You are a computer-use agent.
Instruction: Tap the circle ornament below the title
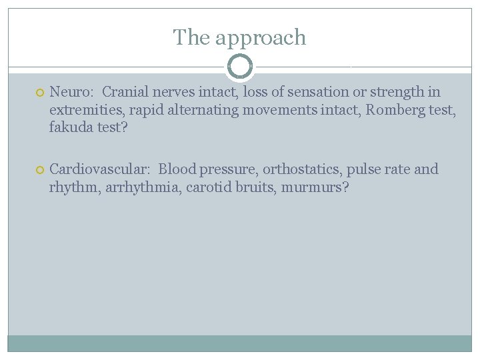[240, 67]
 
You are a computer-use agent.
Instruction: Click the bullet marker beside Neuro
[40, 93]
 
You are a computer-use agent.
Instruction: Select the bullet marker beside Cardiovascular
[40, 170]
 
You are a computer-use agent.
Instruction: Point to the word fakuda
[71, 127]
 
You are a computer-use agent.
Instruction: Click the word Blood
[176, 169]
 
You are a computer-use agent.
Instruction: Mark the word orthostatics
[301, 169]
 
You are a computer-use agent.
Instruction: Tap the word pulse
[363, 169]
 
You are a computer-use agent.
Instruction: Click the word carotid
[208, 187]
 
